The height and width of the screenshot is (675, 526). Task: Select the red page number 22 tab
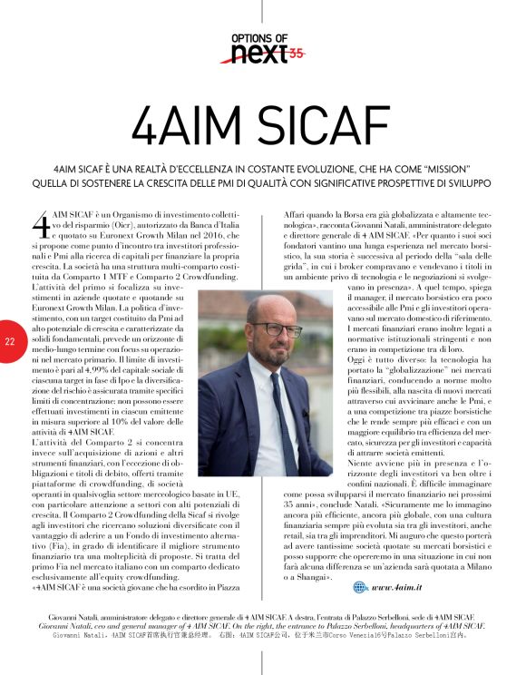coord(9,342)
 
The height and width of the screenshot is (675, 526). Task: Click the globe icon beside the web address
coord(360,561)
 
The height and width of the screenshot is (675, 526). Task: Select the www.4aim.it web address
coord(399,562)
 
